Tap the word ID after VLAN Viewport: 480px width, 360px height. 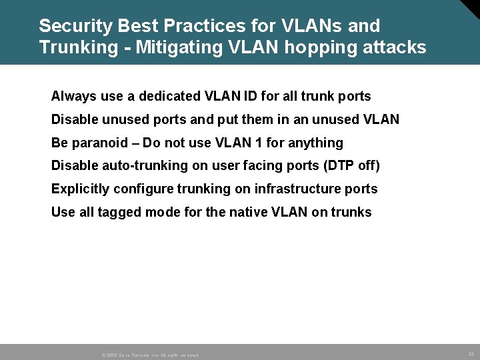pyautogui.click(x=243, y=97)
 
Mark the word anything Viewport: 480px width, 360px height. pyautogui.click(x=315, y=143)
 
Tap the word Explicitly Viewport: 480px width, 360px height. pyautogui.click(x=81, y=189)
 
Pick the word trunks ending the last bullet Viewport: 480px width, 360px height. pyautogui.click(x=351, y=212)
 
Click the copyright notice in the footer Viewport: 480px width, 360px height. pyautogui.click(x=150, y=355)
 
